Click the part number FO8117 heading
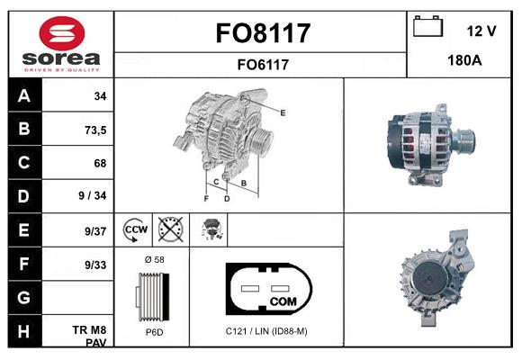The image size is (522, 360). [x=262, y=33]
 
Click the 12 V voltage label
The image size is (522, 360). [x=481, y=31]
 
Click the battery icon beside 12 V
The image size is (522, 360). [x=428, y=29]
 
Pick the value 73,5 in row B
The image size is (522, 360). [x=94, y=130]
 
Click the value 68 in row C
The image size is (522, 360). [x=99, y=164]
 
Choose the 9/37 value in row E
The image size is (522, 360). [x=94, y=231]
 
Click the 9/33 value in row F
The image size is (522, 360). [x=94, y=265]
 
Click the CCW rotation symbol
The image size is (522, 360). [x=136, y=230]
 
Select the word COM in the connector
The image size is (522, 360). [x=283, y=300]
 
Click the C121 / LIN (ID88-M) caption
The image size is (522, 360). [x=266, y=331]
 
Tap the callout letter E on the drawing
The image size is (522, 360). [x=283, y=112]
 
